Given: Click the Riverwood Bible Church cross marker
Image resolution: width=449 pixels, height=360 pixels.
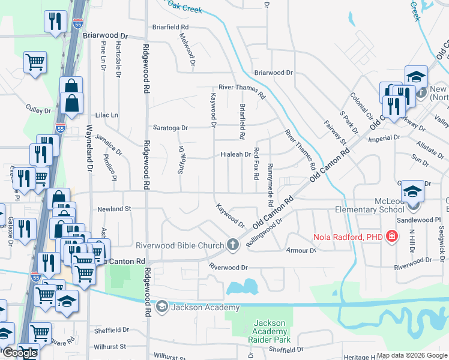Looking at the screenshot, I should point(234,245).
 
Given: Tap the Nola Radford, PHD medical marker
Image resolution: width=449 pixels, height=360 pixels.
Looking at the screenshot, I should point(392,236).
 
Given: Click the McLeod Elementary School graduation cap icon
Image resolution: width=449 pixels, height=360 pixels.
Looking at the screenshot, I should point(414,191).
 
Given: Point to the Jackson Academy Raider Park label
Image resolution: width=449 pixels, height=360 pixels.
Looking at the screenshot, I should point(270,332).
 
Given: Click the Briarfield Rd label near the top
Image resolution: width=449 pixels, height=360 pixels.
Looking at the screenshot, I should point(170,27).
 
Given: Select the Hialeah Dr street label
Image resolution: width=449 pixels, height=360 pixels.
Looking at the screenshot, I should point(235,154).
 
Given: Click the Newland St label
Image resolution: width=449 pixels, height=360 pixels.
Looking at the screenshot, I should point(113,209).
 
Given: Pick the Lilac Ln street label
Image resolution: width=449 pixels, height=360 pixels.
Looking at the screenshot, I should point(106,115).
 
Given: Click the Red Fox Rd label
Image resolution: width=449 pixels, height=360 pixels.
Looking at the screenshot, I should point(256,163).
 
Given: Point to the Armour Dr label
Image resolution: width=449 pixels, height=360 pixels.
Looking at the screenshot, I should point(301,250).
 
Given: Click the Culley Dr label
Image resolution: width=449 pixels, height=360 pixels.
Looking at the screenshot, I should point(38,110).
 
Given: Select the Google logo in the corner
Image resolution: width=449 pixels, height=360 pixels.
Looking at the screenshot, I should point(20,353).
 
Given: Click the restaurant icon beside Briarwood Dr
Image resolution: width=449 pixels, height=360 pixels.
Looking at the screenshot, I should point(55,22).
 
